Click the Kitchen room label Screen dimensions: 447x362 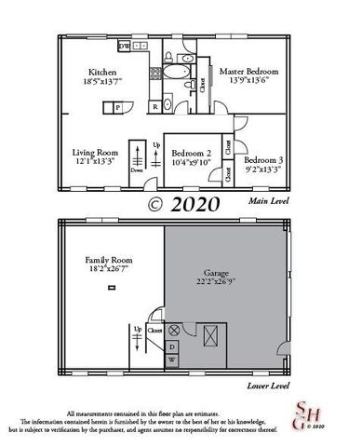[x=101, y=72]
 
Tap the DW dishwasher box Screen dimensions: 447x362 [x=124, y=45]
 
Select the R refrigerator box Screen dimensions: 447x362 [x=154, y=107]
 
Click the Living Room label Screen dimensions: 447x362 [x=96, y=152]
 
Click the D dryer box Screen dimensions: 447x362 [x=171, y=345]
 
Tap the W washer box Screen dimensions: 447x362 [x=171, y=359]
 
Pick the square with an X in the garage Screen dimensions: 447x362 [x=214, y=335]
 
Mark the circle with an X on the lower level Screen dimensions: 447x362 [x=173, y=331]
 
